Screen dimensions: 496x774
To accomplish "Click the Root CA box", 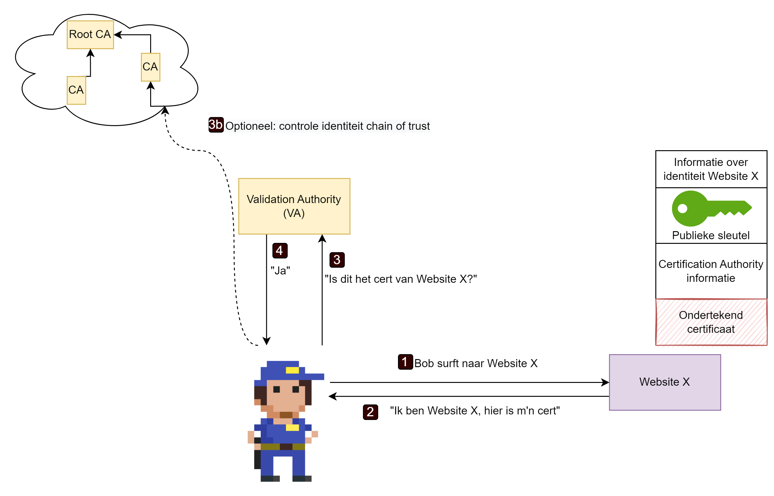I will click(x=90, y=35).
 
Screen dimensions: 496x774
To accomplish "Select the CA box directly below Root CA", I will click(x=76, y=90).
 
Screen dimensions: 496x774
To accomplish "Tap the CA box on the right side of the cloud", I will click(x=150, y=67).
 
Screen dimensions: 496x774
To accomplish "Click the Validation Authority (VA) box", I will click(x=294, y=206).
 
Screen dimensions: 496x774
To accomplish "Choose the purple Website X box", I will click(x=665, y=382).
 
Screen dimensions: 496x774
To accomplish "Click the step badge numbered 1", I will click(x=405, y=362).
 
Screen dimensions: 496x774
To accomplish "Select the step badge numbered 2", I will click(x=370, y=412).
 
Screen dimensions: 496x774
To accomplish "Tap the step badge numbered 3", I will click(x=337, y=260).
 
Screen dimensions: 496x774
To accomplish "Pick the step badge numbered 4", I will click(x=279, y=251).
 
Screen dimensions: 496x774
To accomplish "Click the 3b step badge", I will click(x=216, y=125).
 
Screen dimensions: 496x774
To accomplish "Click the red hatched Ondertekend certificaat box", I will click(x=711, y=322).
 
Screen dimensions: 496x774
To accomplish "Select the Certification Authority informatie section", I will click(x=711, y=271).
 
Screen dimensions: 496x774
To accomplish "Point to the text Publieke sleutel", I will click(x=711, y=235).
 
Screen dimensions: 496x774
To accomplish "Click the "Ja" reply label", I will click(x=280, y=270).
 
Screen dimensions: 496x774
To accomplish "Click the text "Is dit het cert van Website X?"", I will click(x=400, y=279).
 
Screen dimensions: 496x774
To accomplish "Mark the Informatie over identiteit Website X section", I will click(x=711, y=169).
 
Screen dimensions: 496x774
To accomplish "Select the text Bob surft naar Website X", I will click(x=476, y=363).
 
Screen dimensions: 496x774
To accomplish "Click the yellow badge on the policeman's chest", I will click(x=292, y=427).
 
